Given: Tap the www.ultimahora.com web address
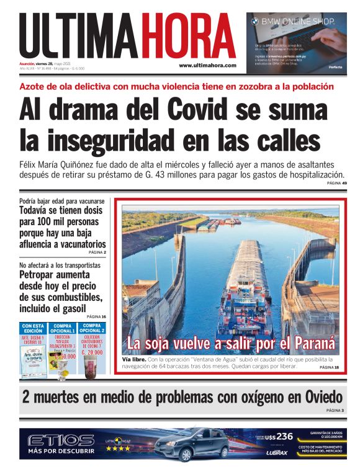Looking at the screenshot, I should coord(207,65).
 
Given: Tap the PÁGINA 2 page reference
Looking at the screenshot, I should coord(97,252).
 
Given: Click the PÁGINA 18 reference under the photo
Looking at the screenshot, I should coord(328,367).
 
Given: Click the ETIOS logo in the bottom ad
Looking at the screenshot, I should coord(61,440).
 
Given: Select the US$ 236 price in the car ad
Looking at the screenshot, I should coord(276,435).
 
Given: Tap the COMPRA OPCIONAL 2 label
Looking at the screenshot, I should coord(91,328).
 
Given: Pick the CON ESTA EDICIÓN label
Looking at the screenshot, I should coord(32,328).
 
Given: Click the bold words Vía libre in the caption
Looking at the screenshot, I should coord(134,359).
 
